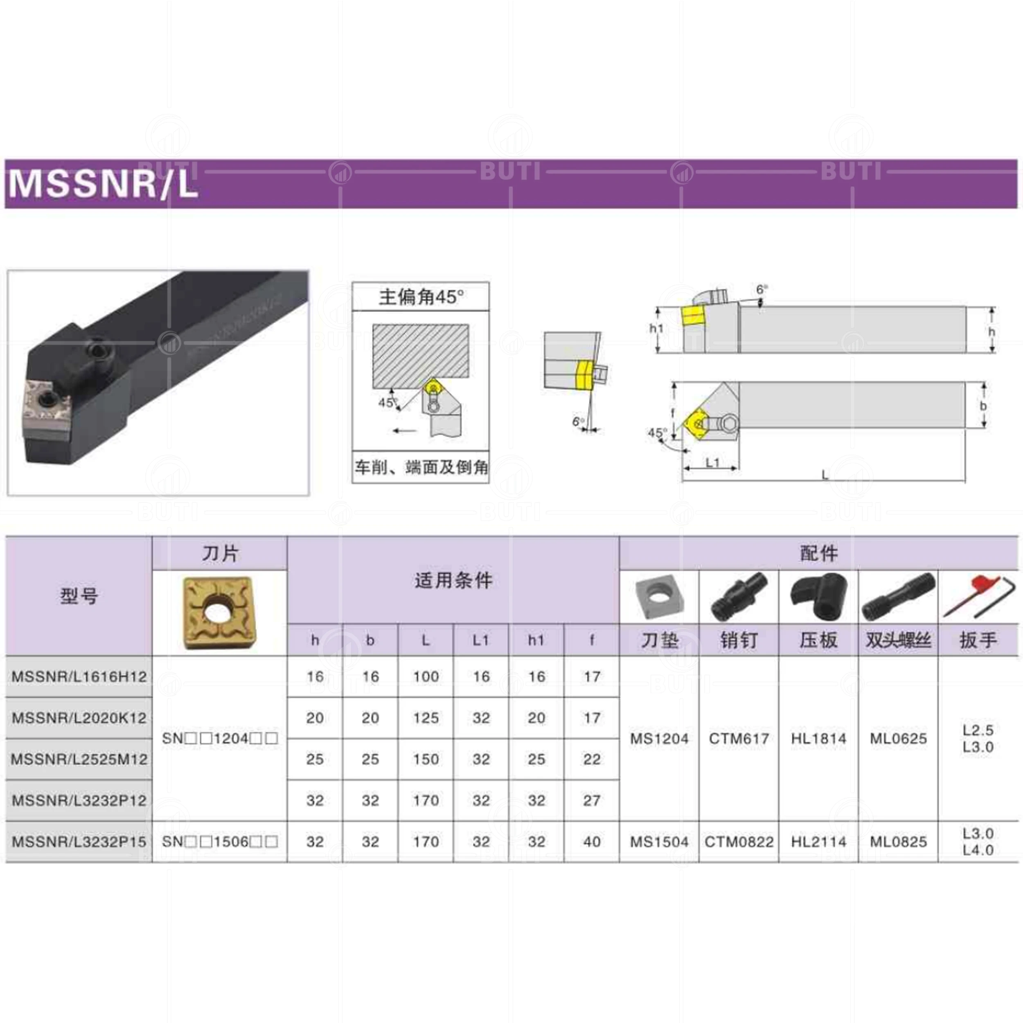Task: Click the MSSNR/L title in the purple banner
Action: [x=103, y=183]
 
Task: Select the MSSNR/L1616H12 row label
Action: [x=79, y=676]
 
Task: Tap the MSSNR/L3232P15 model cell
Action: [x=79, y=841]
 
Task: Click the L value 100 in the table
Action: [x=426, y=676]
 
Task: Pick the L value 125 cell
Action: [x=426, y=717]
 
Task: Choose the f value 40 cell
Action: [x=591, y=841]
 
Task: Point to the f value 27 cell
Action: [x=591, y=800]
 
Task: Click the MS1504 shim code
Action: [x=659, y=841]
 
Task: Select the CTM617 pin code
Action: [x=739, y=738]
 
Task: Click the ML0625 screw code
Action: [x=898, y=738]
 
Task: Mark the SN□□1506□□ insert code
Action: [x=220, y=841]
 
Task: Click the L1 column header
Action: [x=481, y=640]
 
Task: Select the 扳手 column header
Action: [x=978, y=640]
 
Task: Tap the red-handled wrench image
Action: [x=978, y=597]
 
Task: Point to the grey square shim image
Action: [x=659, y=597]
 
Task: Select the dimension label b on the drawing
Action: [x=983, y=406]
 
